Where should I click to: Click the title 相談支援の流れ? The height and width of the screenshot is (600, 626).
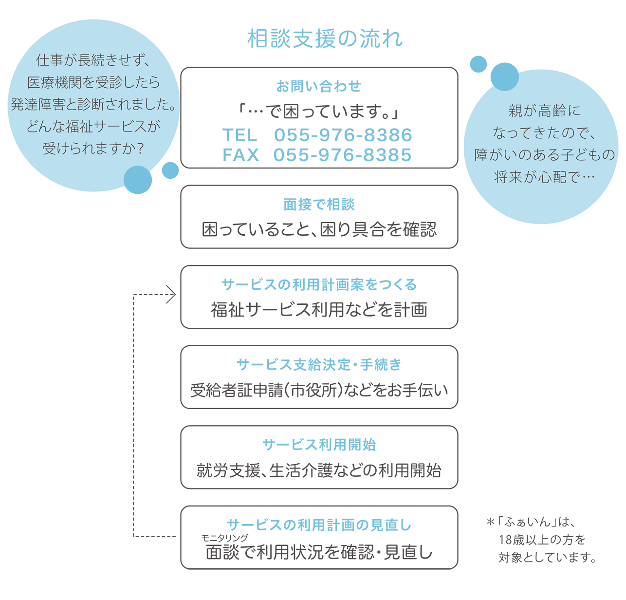[x=325, y=39]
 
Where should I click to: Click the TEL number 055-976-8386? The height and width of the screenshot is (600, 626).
[x=343, y=135]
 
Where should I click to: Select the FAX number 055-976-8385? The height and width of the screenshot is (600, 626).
[x=342, y=155]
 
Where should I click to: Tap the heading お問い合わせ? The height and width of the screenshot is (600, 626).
[x=319, y=86]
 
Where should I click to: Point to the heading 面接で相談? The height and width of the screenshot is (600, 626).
[x=319, y=205]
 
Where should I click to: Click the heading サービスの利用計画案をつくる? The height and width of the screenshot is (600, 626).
[x=319, y=284]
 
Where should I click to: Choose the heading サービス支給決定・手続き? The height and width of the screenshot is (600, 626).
[x=319, y=364]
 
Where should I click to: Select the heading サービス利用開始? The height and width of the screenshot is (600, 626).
[x=319, y=445]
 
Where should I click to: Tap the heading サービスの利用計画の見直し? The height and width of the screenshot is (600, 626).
[x=319, y=525]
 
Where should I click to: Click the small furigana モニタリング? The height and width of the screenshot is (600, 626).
[x=224, y=538]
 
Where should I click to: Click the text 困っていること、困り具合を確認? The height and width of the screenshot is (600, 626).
[x=319, y=229]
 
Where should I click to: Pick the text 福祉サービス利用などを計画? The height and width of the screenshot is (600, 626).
[x=319, y=310]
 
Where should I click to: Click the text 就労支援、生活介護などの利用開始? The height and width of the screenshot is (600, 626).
[x=319, y=470]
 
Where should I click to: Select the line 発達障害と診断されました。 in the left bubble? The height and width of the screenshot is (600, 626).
[x=93, y=104]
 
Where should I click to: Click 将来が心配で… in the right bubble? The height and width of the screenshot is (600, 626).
[x=544, y=177]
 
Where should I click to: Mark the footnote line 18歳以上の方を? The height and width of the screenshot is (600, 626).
[x=542, y=540]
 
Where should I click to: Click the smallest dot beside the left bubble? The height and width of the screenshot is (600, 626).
[x=170, y=170]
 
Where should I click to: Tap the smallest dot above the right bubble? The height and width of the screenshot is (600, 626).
[x=478, y=64]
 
